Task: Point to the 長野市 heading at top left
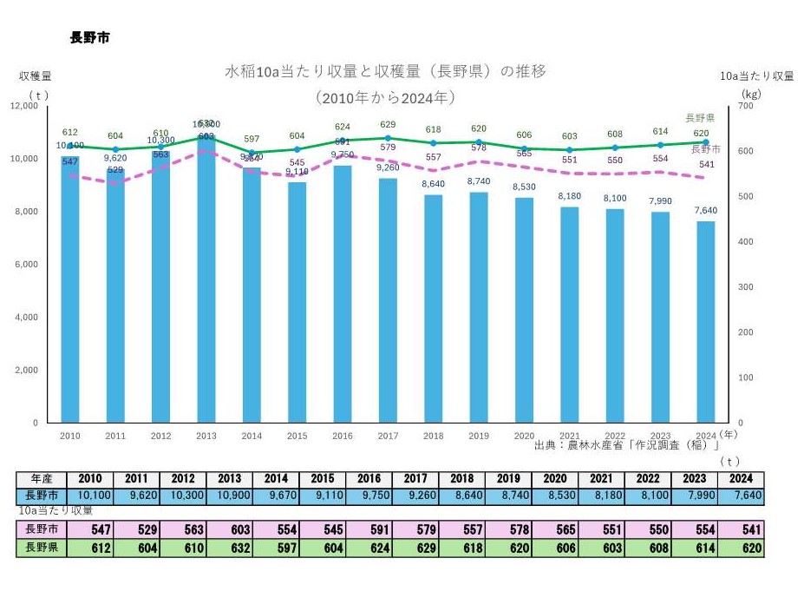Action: [89, 38]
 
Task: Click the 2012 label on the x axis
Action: [160, 436]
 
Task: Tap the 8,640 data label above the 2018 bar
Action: [433, 184]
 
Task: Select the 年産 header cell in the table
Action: [42, 479]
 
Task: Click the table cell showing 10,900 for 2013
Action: [230, 495]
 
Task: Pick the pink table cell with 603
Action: [230, 529]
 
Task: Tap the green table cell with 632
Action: [230, 548]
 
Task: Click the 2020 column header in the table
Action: [555, 479]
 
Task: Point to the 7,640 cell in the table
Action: [740, 495]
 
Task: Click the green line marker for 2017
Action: [388, 138]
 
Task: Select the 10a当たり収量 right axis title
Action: [756, 76]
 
